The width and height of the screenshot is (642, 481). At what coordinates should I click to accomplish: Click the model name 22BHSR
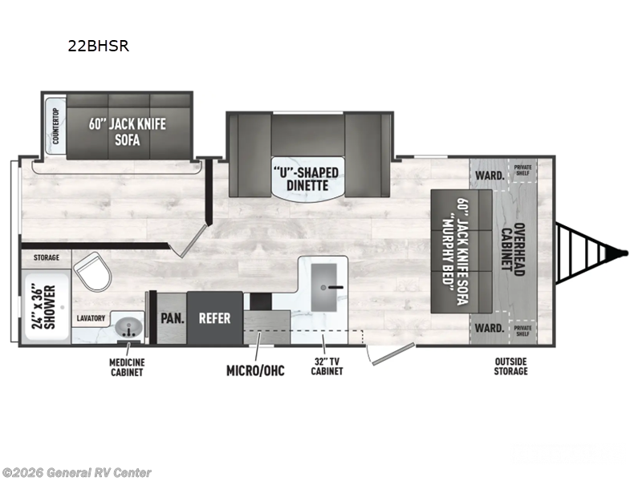[98, 46]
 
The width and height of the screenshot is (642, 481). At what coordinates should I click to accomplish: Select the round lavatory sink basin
[129, 328]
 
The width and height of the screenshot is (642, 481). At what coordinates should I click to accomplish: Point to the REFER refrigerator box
[214, 318]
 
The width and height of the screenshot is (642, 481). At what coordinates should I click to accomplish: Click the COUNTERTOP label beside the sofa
[55, 126]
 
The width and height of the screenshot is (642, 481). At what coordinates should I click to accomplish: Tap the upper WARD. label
[491, 175]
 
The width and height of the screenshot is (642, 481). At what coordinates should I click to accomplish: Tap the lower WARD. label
[491, 328]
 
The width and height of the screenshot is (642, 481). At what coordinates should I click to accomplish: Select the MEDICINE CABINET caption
[127, 367]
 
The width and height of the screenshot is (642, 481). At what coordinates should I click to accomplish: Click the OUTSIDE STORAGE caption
[511, 367]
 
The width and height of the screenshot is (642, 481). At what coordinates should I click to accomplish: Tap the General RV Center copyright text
[76, 472]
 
